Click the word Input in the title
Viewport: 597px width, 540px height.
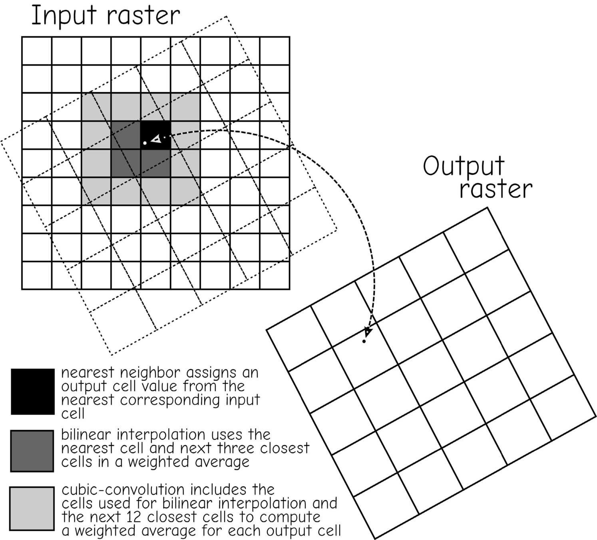click(64, 16)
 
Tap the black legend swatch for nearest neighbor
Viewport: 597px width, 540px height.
click(33, 392)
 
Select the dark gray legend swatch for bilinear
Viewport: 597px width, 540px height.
click(32, 451)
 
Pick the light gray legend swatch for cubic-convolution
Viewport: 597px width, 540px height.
click(32, 508)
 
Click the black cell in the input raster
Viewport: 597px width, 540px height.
click(156, 135)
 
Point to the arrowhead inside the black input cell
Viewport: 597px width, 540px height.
click(156, 139)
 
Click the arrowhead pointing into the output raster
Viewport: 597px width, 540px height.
click(368, 332)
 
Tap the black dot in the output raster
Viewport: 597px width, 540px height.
click(364, 341)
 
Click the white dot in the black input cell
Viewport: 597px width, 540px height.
click(145, 143)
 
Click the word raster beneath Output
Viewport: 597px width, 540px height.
click(496, 189)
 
